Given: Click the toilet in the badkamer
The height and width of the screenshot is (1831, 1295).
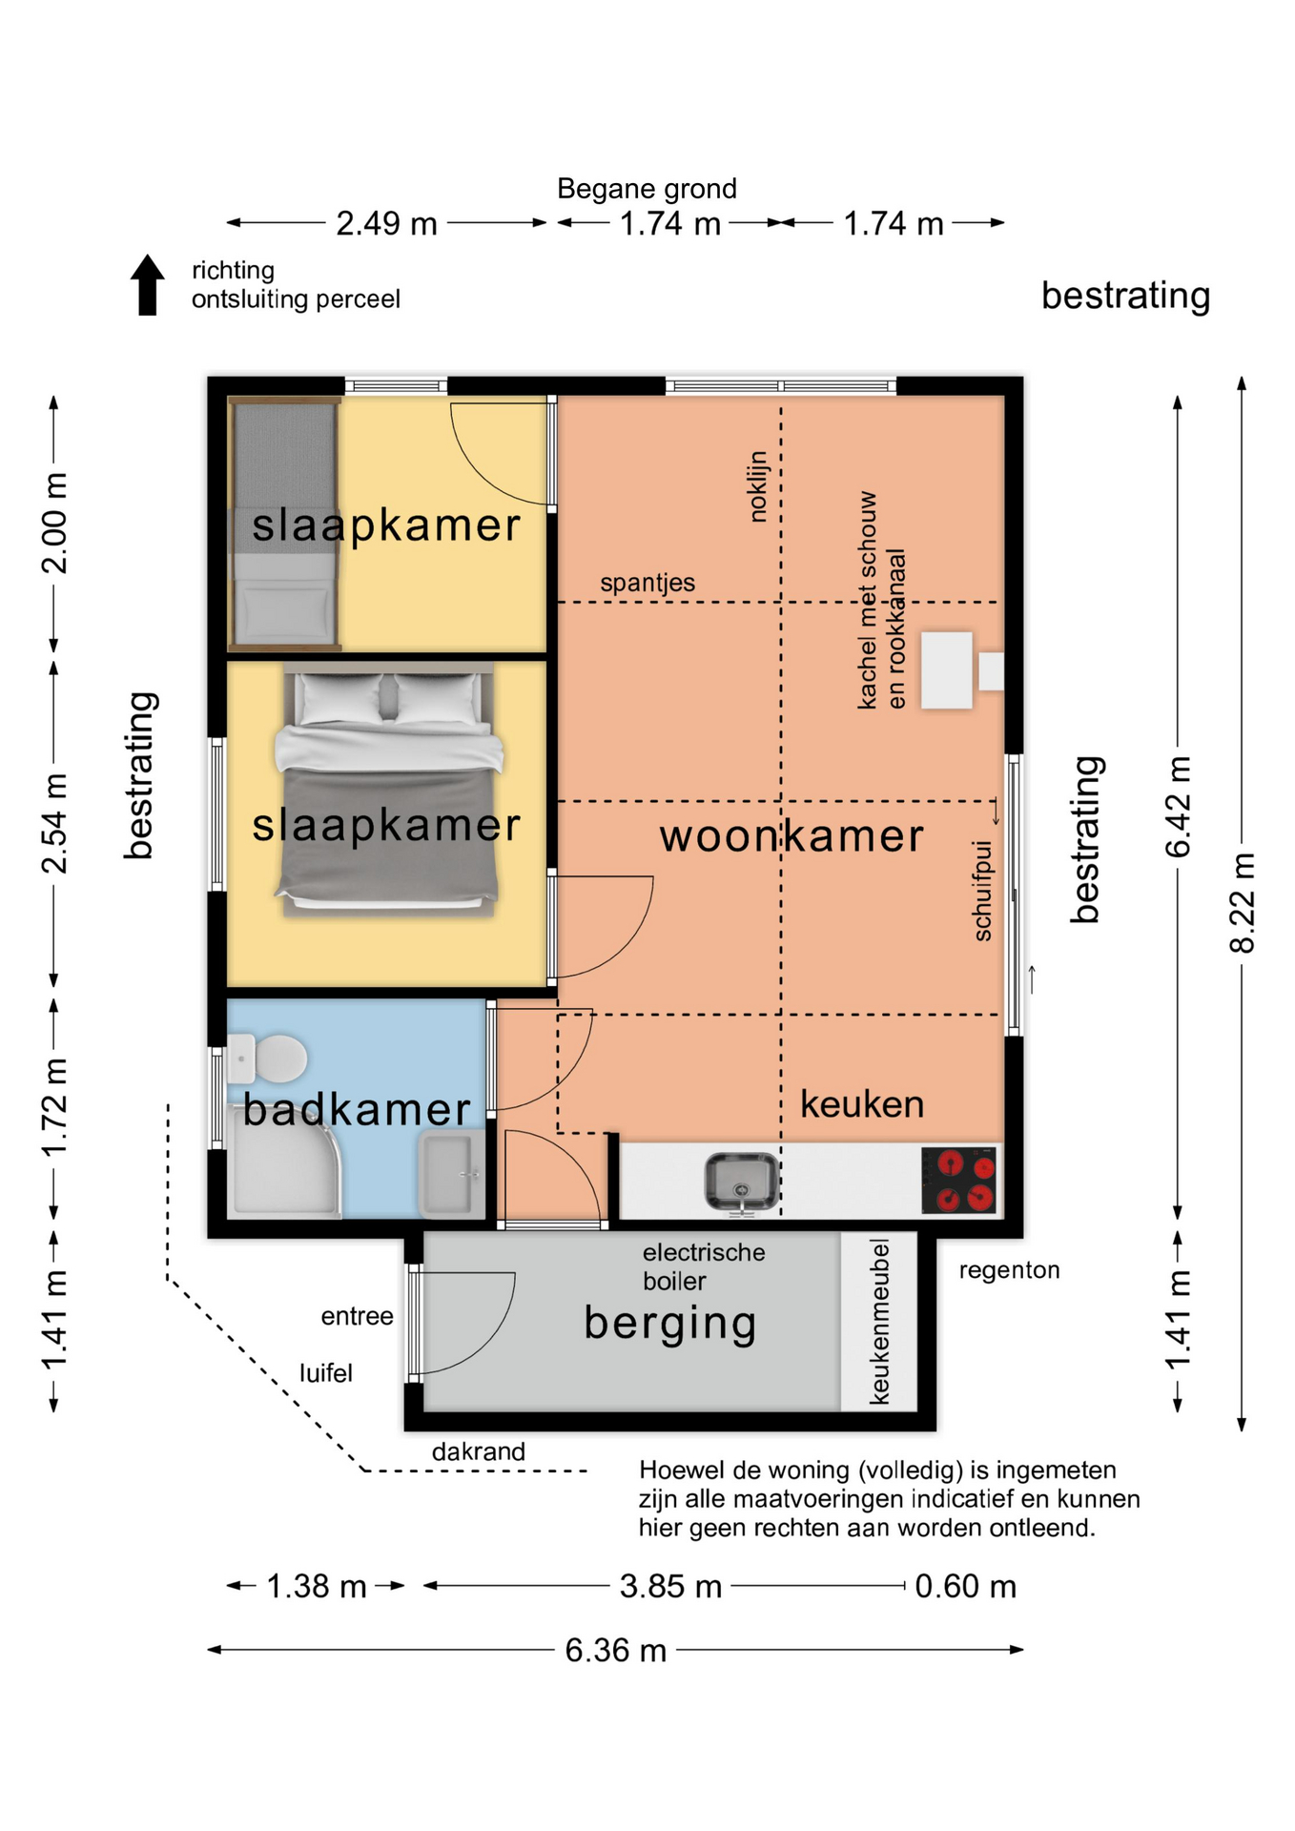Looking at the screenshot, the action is point(268,1059).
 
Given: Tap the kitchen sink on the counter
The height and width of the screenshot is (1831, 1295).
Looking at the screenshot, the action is point(741,1182).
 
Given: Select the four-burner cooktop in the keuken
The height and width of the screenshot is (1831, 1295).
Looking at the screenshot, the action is point(959,1180).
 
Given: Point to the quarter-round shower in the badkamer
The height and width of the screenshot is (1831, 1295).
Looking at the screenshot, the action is point(283,1162).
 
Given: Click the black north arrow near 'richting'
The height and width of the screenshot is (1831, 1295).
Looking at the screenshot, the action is point(147,284).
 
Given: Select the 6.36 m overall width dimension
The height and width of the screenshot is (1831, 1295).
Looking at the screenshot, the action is point(615,1649).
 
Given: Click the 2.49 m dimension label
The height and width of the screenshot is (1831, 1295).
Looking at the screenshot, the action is point(386,223).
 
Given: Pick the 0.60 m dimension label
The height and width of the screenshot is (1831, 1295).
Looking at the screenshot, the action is point(965,1586).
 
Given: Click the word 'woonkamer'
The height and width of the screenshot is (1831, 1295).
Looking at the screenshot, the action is point(791,836).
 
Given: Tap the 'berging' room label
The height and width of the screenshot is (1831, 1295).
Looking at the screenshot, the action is point(670,1325).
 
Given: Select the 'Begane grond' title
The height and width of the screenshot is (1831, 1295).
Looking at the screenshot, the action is point(647,189).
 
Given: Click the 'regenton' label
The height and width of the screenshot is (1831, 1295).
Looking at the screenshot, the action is point(1009,1270).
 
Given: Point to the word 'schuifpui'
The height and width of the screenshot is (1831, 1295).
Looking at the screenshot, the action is point(982,891).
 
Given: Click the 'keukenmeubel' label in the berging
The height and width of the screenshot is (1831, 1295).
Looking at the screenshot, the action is point(879,1322).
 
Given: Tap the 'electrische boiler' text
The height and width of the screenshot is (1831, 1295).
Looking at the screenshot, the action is point(704,1266).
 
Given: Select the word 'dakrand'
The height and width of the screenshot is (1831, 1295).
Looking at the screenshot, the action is point(479,1451).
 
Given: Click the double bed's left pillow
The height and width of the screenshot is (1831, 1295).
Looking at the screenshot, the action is point(339,698).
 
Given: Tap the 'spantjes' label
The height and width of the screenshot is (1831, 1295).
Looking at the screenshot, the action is point(647,583).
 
